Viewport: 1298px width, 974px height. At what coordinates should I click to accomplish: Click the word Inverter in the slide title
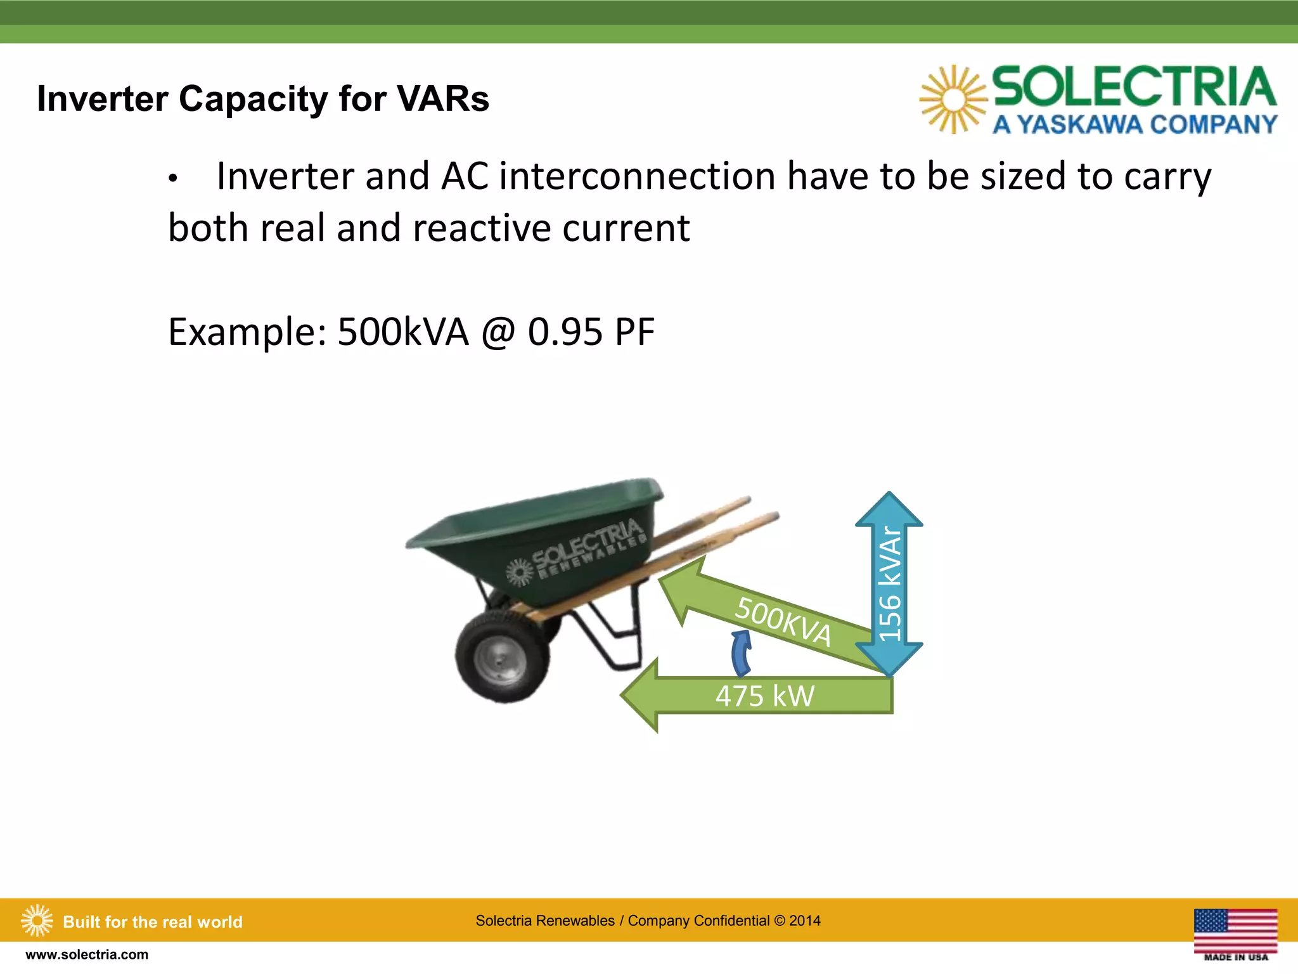pyautogui.click(x=102, y=100)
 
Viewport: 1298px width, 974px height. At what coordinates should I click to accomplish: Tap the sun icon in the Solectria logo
pyautogui.click(x=953, y=100)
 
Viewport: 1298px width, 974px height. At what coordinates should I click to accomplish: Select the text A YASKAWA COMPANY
pyautogui.click(x=1134, y=124)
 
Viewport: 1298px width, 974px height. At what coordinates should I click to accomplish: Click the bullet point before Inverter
pyautogui.click(x=172, y=179)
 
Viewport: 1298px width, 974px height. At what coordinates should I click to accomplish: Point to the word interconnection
pyautogui.click(x=637, y=176)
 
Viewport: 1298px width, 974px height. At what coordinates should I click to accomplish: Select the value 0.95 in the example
pyautogui.click(x=565, y=332)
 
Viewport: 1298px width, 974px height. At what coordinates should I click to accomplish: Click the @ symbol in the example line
pyautogui.click(x=498, y=332)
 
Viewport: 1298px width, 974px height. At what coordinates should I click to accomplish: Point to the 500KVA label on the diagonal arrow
pyautogui.click(x=783, y=621)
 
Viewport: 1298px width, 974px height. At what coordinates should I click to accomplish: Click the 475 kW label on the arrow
pyautogui.click(x=765, y=696)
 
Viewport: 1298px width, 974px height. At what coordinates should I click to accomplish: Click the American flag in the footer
pyautogui.click(x=1235, y=930)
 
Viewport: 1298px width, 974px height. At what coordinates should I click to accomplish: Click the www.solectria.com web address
pyautogui.click(x=87, y=955)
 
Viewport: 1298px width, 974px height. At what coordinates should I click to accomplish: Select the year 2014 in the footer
pyautogui.click(x=805, y=921)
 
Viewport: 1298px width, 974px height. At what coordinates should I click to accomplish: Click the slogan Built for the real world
pyautogui.click(x=153, y=922)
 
